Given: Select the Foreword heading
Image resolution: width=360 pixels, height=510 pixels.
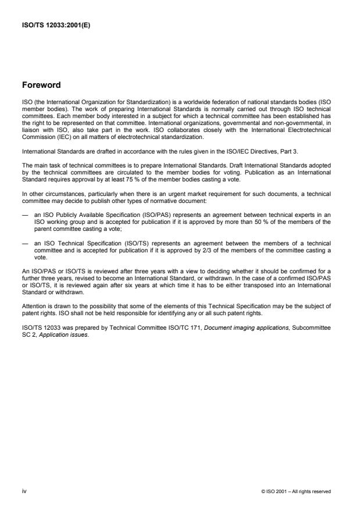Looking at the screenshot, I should point(41,85).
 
